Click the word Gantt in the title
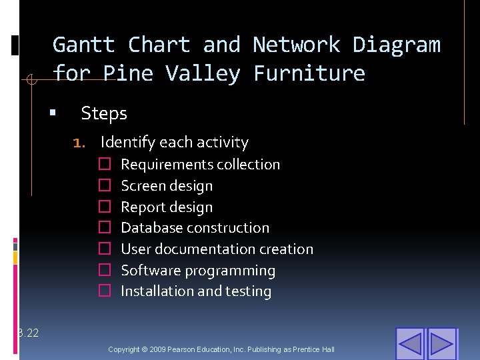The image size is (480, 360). (x=83, y=45)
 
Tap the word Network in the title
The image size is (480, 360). (x=295, y=45)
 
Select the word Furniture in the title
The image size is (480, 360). (x=309, y=73)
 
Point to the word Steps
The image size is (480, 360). (x=104, y=114)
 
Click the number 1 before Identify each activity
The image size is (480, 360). (x=77, y=143)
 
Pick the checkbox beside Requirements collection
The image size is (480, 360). (x=104, y=165)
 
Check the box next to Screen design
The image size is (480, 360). (x=104, y=186)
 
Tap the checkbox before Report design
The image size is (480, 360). (x=104, y=207)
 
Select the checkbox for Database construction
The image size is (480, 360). (x=104, y=228)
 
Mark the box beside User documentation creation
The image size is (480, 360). (x=104, y=249)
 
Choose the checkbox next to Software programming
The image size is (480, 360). (x=104, y=271)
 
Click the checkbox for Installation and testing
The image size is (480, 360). (x=104, y=291)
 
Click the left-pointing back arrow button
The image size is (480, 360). (x=410, y=344)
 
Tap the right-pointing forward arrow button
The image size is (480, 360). (x=441, y=344)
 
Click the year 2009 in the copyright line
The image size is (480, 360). (x=159, y=350)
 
